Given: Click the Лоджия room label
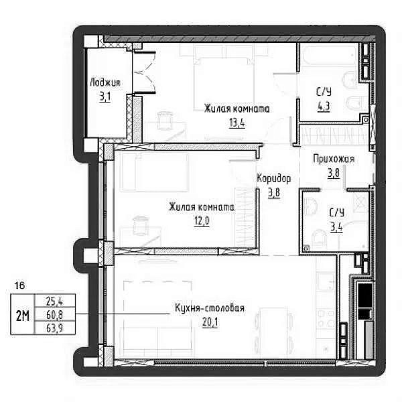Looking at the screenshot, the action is [x=105, y=82].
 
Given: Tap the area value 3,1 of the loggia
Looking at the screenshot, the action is [x=105, y=97].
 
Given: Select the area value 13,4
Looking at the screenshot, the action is [x=237, y=123].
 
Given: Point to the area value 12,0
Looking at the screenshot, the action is [x=202, y=221].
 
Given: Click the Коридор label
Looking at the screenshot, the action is [x=274, y=178].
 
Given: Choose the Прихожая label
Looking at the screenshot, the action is [x=334, y=159].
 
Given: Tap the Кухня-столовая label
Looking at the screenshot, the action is [x=210, y=308].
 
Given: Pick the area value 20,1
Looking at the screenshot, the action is [x=210, y=322].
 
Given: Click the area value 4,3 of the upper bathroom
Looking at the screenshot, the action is [x=324, y=107].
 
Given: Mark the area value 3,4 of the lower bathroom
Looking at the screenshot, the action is [x=336, y=227].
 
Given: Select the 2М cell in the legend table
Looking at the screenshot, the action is [x=23, y=315].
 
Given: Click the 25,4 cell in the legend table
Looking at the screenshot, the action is [x=55, y=301].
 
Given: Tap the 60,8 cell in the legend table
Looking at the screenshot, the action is [x=55, y=314].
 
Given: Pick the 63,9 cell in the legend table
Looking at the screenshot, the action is [x=55, y=328].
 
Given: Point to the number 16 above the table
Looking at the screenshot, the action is [x=19, y=285].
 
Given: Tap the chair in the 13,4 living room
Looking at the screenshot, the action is [x=164, y=120].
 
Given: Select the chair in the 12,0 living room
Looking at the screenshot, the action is [x=140, y=225].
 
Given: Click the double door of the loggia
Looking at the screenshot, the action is [x=144, y=72].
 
